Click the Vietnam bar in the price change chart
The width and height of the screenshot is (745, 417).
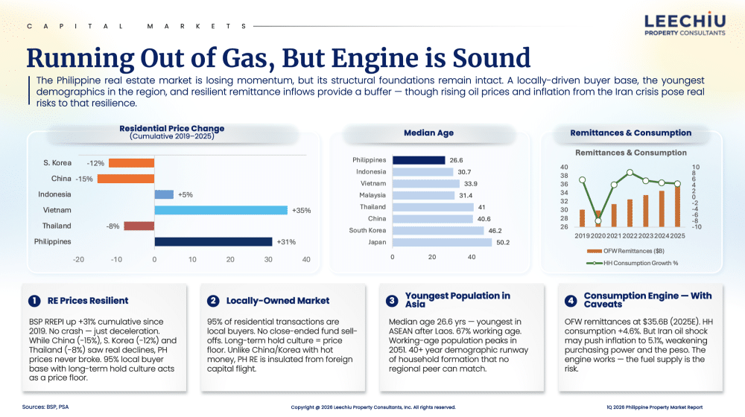[221, 210]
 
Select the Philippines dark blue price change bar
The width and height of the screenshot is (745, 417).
[213, 242]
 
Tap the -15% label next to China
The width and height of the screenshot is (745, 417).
[84, 179]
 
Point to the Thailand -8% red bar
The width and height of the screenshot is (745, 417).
[139, 226]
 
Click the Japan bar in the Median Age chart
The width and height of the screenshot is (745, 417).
[442, 242]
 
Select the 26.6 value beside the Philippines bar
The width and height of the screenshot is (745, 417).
[456, 161]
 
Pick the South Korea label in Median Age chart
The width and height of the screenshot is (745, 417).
[367, 230]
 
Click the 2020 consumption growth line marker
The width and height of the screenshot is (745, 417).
[597, 221]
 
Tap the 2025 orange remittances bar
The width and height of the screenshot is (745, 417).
[677, 206]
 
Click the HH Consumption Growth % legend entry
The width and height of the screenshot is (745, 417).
[633, 263]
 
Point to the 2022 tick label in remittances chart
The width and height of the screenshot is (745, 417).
[630, 235]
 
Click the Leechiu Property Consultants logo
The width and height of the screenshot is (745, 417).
[685, 25]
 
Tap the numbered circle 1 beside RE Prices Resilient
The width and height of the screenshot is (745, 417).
[34, 301]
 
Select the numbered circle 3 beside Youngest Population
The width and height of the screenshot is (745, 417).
[392, 301]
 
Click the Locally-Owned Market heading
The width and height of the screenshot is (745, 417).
[277, 301]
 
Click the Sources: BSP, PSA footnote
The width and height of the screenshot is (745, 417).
[45, 407]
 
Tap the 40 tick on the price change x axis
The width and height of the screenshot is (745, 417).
[306, 259]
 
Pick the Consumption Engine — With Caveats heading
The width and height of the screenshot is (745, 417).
[647, 299]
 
